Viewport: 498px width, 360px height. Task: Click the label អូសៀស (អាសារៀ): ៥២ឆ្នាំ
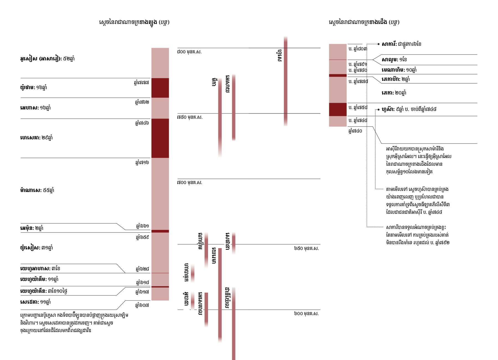click(47, 59)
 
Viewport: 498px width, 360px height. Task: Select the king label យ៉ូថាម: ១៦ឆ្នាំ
click(33, 88)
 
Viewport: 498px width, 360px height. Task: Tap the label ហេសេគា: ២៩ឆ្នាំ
click(36, 138)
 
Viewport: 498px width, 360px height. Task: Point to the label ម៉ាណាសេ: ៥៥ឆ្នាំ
click(37, 190)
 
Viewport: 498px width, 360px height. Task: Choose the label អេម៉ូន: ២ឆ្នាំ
click(32, 228)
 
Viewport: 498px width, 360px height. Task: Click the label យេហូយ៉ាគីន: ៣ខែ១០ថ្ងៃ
click(44, 291)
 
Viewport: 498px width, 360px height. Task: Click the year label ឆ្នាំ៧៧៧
click(141, 82)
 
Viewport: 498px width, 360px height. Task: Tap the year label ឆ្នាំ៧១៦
click(142, 162)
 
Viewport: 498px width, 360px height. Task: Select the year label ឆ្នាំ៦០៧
click(142, 305)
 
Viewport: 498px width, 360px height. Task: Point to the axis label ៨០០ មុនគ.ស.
click(190, 52)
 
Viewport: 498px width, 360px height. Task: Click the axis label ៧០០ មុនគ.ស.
click(190, 182)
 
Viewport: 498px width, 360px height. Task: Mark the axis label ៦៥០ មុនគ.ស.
click(306, 248)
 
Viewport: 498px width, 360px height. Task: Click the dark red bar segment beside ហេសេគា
click(160, 138)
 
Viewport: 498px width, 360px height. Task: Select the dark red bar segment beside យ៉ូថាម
click(160, 88)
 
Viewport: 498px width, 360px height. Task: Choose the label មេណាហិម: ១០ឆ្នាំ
click(399, 70)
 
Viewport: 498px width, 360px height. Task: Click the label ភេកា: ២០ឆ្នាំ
click(394, 93)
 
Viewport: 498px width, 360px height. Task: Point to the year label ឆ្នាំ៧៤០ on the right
click(355, 131)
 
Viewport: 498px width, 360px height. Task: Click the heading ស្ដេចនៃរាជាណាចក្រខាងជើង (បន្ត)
click(364, 22)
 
